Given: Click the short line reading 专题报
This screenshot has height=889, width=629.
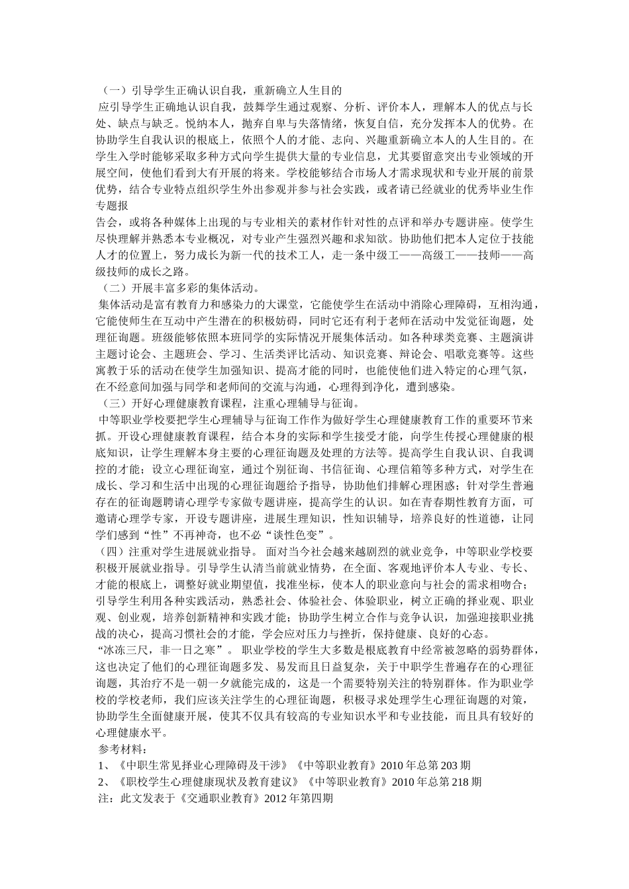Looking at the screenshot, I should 112,205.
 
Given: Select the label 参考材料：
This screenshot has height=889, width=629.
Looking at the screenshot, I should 123,749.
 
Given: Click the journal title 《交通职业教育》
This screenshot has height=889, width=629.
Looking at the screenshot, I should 220,798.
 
